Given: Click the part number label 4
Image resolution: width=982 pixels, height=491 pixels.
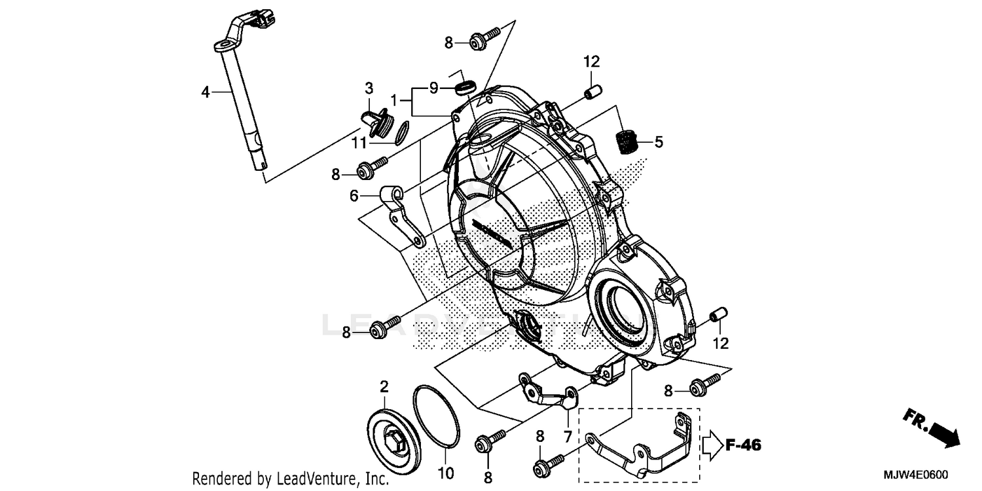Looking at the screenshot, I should pyautogui.click(x=206, y=93).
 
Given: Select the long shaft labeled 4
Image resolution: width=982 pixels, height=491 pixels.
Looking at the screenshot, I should pyautogui.click(x=242, y=111).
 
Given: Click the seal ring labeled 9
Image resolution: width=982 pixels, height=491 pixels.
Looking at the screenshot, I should pyautogui.click(x=465, y=88).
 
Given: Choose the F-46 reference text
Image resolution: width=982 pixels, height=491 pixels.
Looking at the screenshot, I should pyautogui.click(x=743, y=446).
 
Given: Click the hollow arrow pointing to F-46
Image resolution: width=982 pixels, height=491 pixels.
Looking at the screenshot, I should pyautogui.click(x=712, y=446).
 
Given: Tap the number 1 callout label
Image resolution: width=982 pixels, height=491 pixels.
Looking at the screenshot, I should pyautogui.click(x=393, y=100).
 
